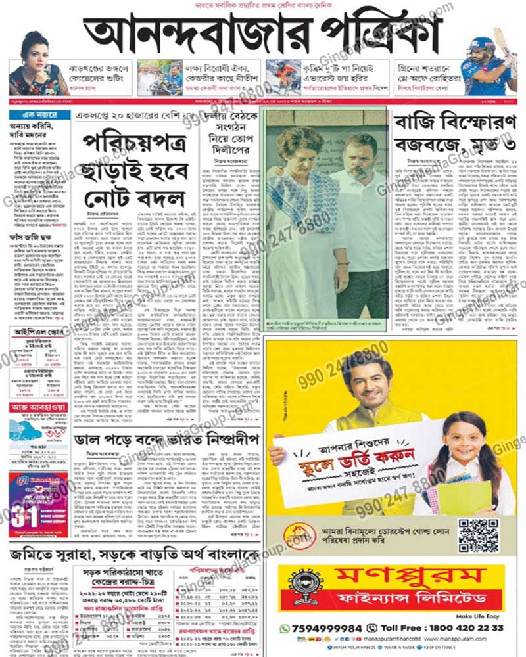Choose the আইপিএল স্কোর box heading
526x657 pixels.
click(x=39, y=332)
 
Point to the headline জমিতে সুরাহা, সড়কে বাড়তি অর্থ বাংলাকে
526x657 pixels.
click(x=135, y=555)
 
